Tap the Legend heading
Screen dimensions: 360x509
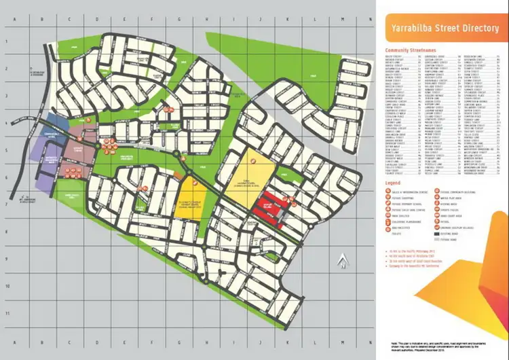392,183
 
